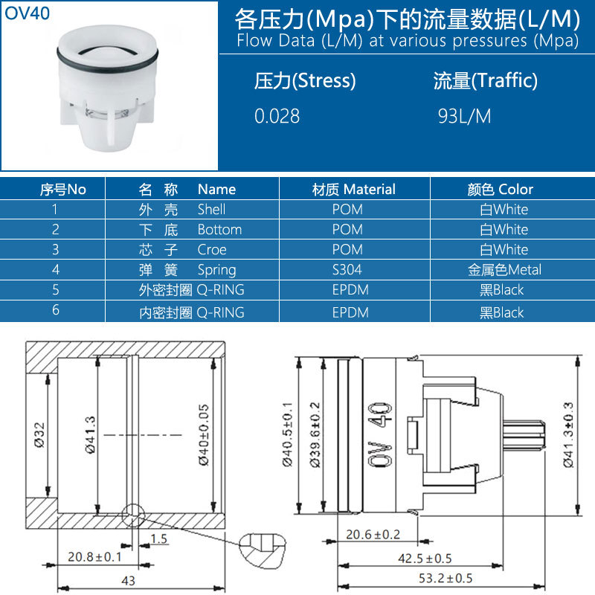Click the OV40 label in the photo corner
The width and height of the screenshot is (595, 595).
click(28, 13)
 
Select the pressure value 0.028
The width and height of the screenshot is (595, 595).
click(277, 116)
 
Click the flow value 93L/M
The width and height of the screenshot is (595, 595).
click(465, 116)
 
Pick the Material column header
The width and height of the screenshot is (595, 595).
click(353, 189)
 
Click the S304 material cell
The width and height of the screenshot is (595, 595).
click(347, 270)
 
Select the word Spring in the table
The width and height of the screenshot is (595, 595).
click(216, 270)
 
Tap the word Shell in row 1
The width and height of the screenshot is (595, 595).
click(211, 210)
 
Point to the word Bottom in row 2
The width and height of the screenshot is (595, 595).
click(219, 230)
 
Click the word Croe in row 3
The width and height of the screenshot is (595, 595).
click(212, 250)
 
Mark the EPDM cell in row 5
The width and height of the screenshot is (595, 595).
click(350, 290)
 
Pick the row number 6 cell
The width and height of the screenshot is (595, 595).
click(56, 311)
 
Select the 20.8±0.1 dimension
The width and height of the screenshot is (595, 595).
click(95, 556)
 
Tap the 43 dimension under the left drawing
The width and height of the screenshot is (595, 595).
click(128, 580)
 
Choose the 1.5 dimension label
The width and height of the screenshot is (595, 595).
click(158, 538)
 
